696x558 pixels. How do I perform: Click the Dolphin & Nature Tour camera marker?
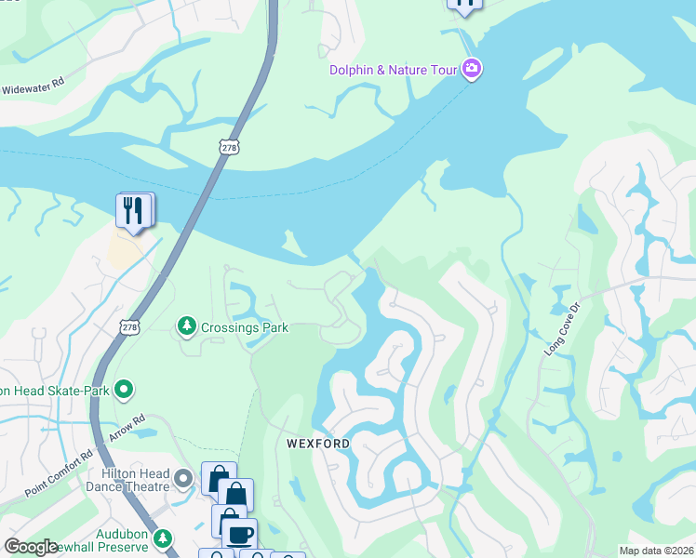click(x=472, y=70)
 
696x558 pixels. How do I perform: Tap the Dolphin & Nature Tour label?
click(x=395, y=70)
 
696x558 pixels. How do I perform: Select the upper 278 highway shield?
click(x=230, y=147)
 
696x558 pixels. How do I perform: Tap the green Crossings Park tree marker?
click(x=187, y=325)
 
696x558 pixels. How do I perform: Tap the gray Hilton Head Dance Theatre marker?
click(x=183, y=480)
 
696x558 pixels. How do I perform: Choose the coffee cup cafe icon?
click(x=239, y=534)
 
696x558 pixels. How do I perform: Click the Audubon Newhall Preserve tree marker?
click(x=163, y=538)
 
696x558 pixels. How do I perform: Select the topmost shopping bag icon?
click(x=219, y=479)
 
